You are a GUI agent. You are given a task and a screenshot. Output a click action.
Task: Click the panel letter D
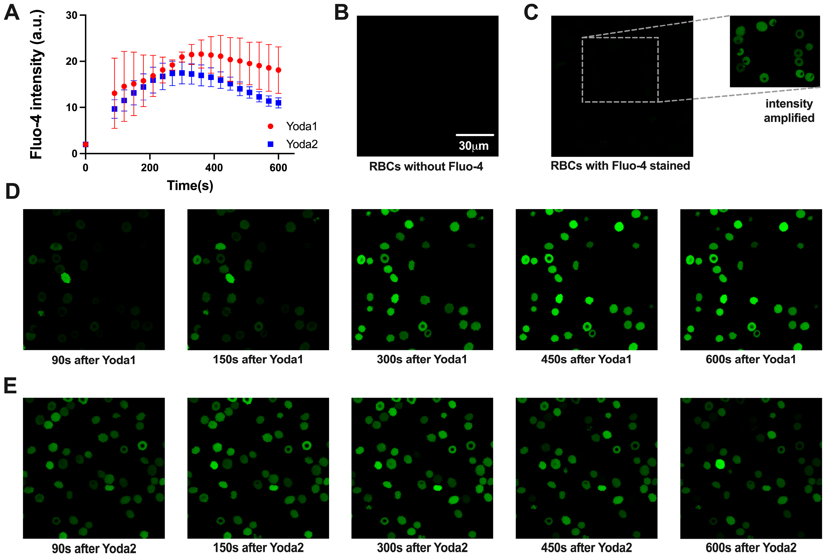tap(12, 192)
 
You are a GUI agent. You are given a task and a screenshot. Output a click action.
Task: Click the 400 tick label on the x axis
tap(214, 168)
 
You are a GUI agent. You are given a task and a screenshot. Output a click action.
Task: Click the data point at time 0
tap(85, 144)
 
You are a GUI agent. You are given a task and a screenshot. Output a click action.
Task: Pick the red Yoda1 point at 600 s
tap(278, 70)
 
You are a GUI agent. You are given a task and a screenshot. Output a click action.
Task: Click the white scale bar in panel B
tap(475, 135)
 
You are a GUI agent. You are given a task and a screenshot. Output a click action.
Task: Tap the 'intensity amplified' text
tap(789, 110)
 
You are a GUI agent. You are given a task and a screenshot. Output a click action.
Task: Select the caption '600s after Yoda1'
tap(750, 359)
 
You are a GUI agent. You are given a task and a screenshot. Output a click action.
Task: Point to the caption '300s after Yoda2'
tap(422, 548)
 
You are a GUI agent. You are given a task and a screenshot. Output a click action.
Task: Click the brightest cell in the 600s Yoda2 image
tap(720, 464)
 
